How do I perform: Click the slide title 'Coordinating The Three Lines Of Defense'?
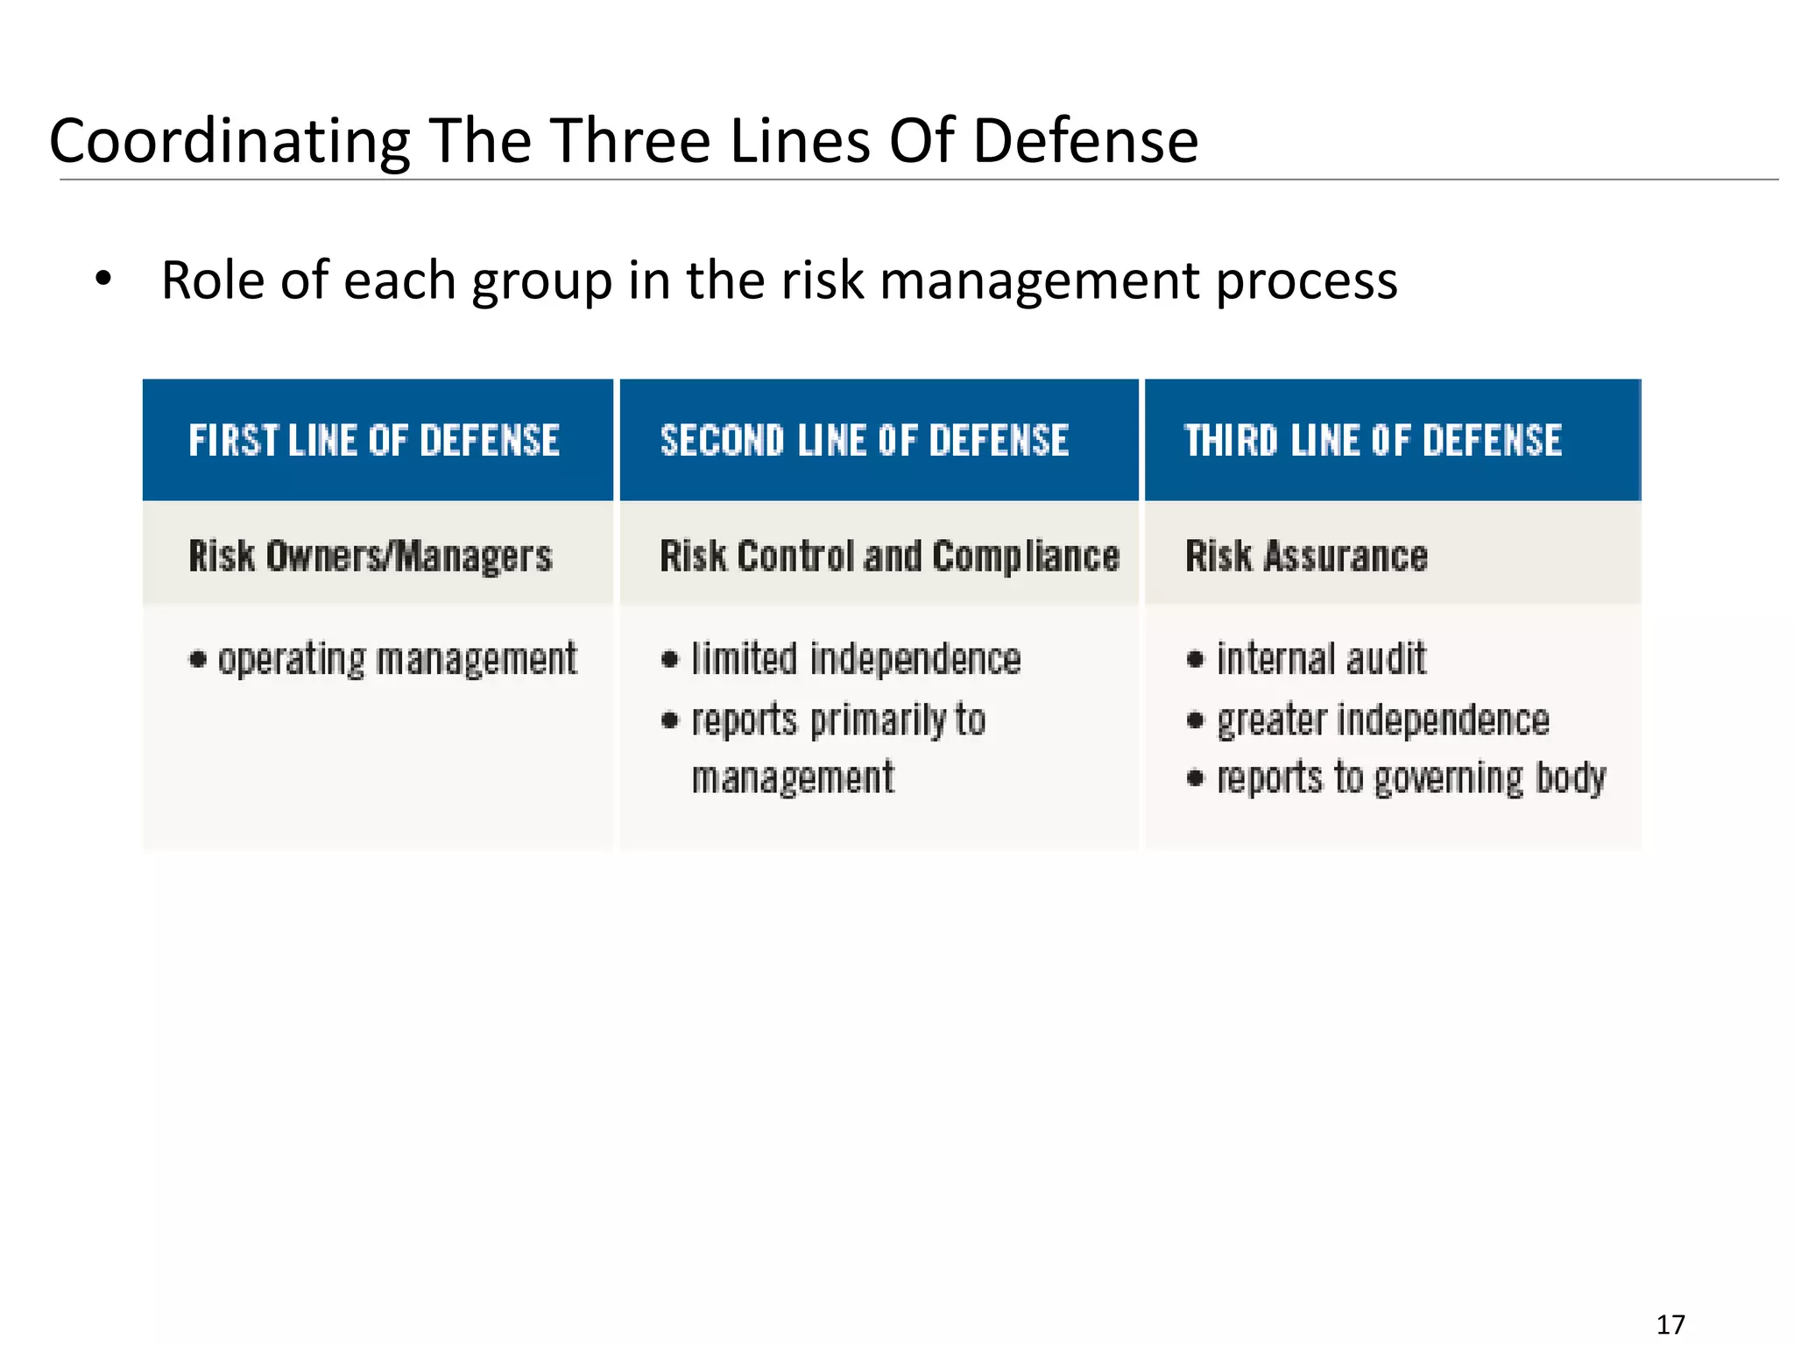point(623,140)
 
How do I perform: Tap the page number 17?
point(1670,1324)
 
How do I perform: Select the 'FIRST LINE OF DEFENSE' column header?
point(374,441)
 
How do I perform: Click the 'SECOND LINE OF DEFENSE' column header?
point(865,441)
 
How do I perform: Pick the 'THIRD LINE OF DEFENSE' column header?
point(1373,441)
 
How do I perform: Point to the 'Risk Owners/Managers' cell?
point(371,556)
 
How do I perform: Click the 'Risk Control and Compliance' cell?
point(889,556)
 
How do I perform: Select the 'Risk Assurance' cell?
point(1306,556)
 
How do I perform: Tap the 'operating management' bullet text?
point(398,660)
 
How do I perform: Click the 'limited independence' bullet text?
point(856,660)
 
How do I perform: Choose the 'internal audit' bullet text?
point(1321,660)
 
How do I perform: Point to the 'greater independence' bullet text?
point(1383,720)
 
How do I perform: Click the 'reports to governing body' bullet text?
point(1411,778)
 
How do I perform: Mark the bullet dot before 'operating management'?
point(198,660)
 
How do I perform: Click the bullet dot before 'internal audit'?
point(1195,660)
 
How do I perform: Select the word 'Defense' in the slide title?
point(1085,140)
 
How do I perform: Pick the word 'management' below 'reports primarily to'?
point(793,778)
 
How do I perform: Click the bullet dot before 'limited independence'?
point(670,660)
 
